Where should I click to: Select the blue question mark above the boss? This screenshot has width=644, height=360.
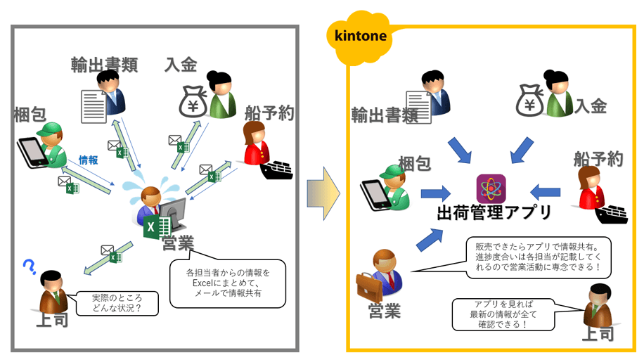click(x=29, y=266)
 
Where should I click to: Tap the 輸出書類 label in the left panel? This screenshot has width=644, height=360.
click(x=103, y=65)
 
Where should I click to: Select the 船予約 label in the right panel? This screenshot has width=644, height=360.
click(x=598, y=158)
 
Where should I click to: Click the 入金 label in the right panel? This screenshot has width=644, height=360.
click(x=591, y=106)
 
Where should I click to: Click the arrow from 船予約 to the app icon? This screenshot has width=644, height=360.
click(x=545, y=190)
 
